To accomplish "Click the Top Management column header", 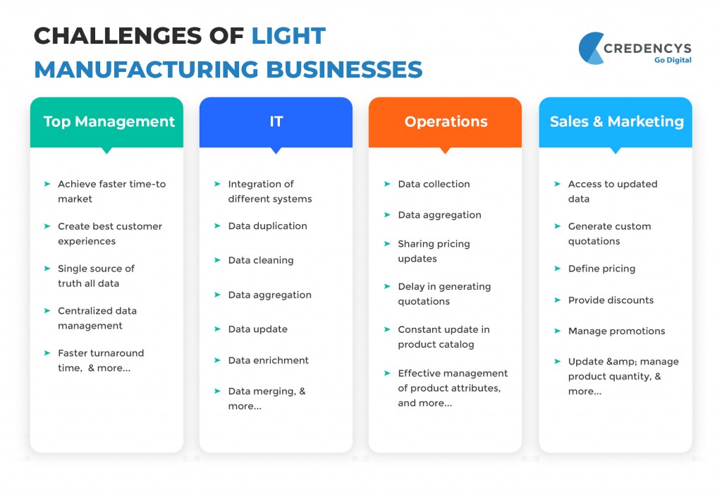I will (x=109, y=121).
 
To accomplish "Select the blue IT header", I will (x=276, y=121).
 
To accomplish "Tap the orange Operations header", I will (x=446, y=121).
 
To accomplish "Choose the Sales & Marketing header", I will (x=616, y=121).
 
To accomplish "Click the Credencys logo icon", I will (x=591, y=49).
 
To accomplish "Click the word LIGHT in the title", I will (x=288, y=36).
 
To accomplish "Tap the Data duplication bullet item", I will (x=267, y=226).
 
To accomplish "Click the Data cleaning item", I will (x=260, y=260).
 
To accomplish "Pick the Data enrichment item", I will (x=268, y=360).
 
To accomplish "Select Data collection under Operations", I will (x=434, y=184).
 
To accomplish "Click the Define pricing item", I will (x=601, y=269).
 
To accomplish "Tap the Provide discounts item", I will (x=611, y=300).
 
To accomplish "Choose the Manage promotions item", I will (x=616, y=331).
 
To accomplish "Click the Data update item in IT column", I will (x=257, y=329).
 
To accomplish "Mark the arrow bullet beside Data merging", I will (x=217, y=391).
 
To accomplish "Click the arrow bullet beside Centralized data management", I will (x=47, y=311).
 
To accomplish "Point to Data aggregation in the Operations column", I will (x=439, y=215).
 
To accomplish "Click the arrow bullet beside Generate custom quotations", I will (x=557, y=226).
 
